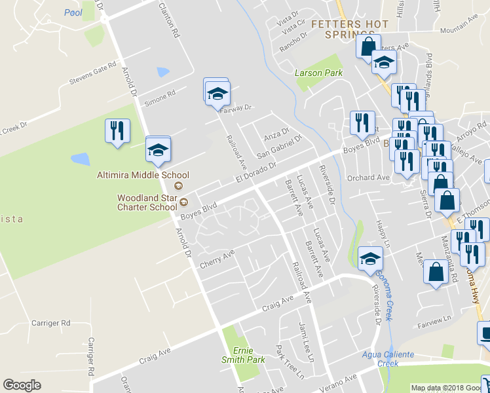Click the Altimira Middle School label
[143, 175]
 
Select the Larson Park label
[318, 73]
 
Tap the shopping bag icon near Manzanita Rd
[436, 272]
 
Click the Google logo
[22, 385]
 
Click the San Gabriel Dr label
[280, 146]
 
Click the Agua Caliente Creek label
[388, 358]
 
